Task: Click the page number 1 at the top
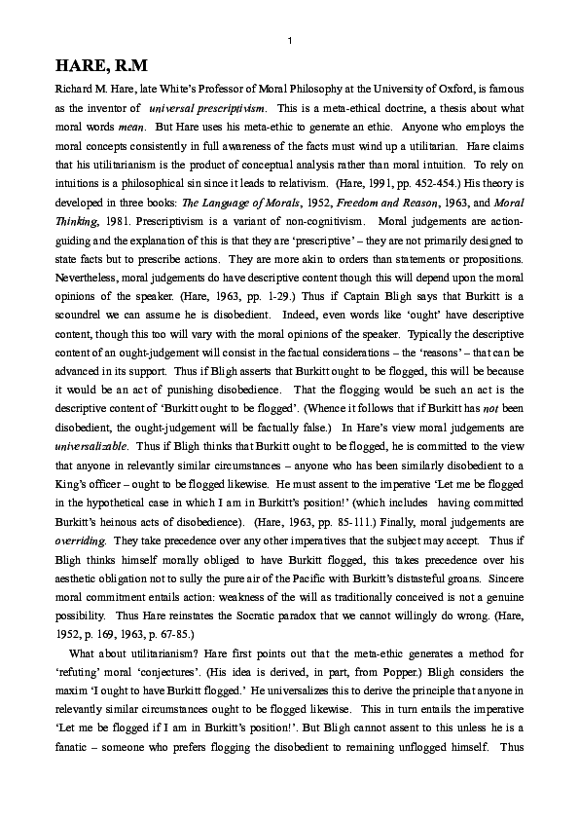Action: [290, 40]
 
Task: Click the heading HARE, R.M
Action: [100, 66]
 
